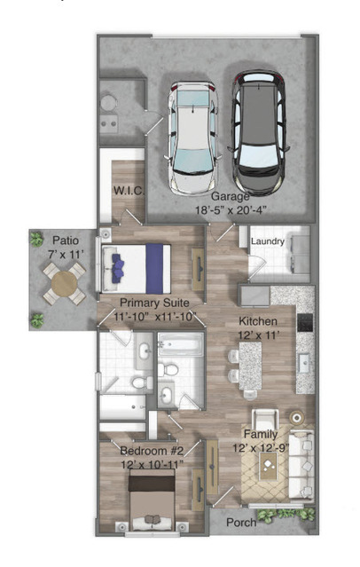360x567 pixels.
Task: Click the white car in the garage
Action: pos(192,138)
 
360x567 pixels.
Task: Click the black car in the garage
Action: pos(258,132)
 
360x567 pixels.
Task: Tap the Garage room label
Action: pos(230,196)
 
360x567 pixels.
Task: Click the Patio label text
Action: pos(66,240)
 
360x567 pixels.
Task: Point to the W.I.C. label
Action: pos(129,191)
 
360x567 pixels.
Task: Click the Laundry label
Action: pos(268,241)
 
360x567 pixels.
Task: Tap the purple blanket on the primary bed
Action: pos(154,269)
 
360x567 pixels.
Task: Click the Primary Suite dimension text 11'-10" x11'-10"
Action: pos(154,317)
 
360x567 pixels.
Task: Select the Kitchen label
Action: pos(258,321)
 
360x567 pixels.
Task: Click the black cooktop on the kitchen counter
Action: pos(305,323)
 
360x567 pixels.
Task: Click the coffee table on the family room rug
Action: pos(268,466)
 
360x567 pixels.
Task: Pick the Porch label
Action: pos(241,522)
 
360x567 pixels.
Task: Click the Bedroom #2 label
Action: pos(152,451)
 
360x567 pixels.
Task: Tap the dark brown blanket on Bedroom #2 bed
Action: pos(152,483)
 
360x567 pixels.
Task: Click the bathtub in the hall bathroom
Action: pos(181,345)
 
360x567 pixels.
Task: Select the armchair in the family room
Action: pos(265,420)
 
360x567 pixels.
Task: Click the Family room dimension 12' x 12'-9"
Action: pos(261,448)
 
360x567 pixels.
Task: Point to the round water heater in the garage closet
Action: pos(107,103)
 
